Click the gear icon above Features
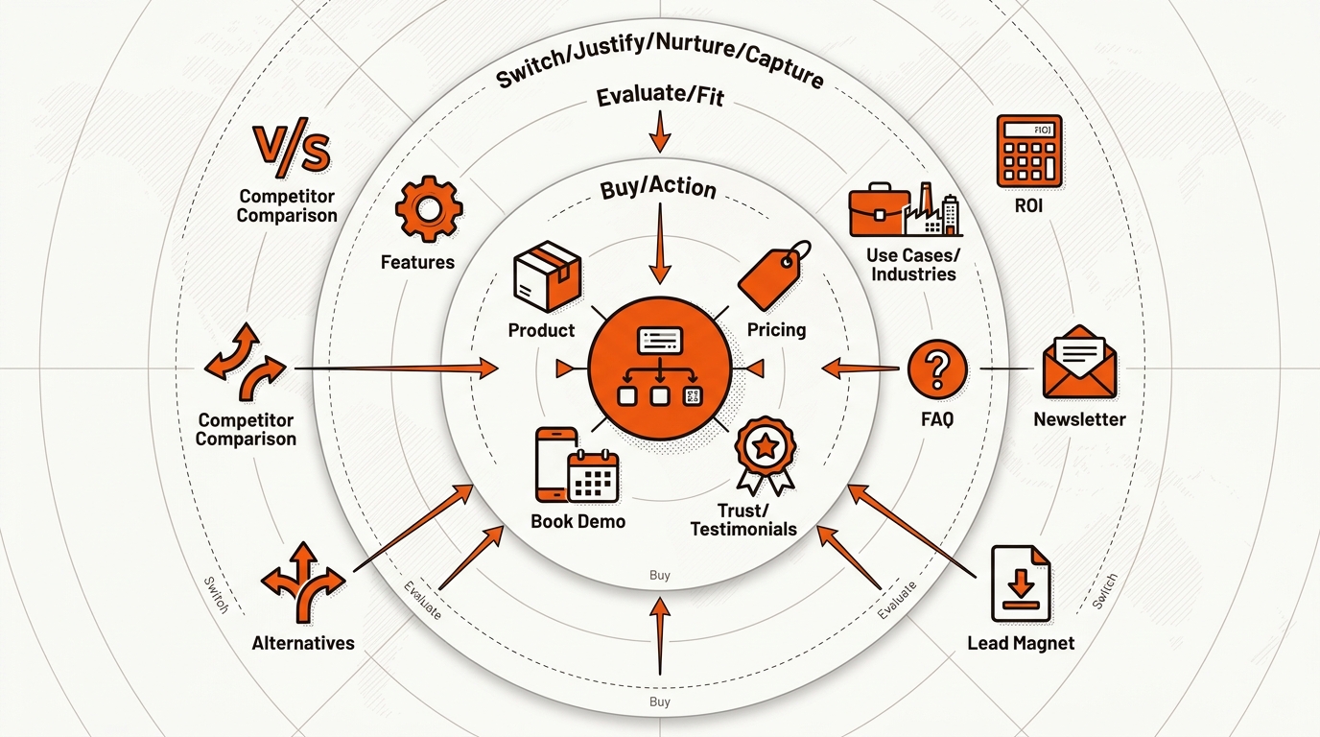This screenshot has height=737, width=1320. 429,208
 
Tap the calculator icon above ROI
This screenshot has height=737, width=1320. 1029,152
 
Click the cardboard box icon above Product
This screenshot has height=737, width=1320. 548,276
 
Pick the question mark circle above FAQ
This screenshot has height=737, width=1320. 937,369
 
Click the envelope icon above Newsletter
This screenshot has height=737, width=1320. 1079,362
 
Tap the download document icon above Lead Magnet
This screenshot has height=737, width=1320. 1021,583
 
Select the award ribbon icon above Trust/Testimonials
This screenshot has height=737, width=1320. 766,455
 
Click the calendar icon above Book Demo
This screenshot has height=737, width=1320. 594,476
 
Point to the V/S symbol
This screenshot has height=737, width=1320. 291,148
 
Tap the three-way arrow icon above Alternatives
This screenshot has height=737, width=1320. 303,582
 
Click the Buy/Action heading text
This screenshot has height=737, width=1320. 658,188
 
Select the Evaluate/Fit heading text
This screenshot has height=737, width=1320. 660,96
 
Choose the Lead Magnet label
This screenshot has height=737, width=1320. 1021,643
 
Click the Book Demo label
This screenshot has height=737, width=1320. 578,521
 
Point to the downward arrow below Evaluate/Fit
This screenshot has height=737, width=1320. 660,132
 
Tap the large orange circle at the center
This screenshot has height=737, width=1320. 660,369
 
